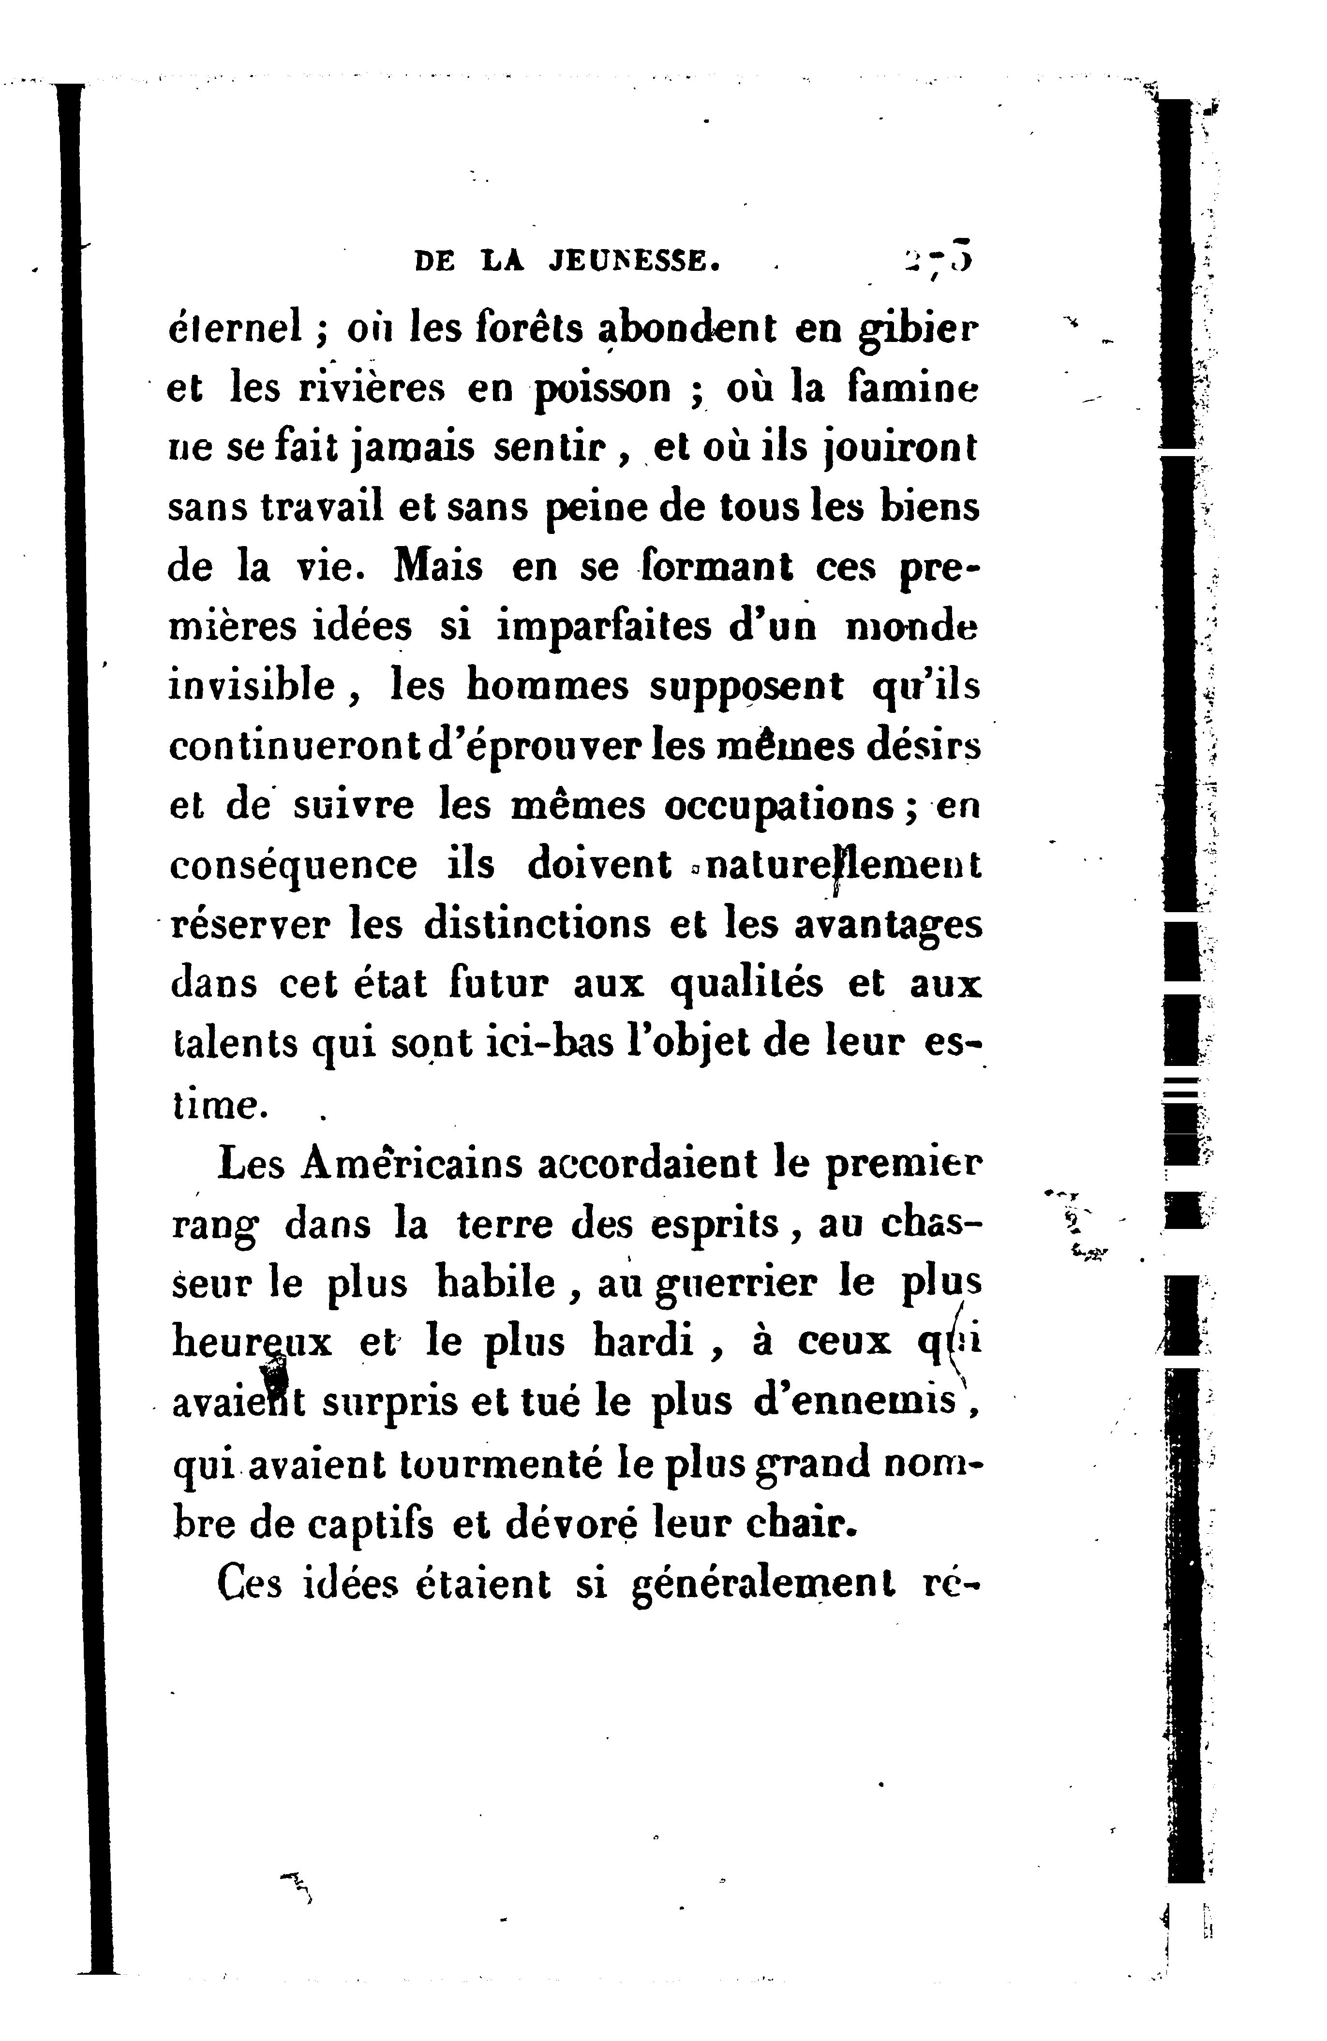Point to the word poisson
603,390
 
